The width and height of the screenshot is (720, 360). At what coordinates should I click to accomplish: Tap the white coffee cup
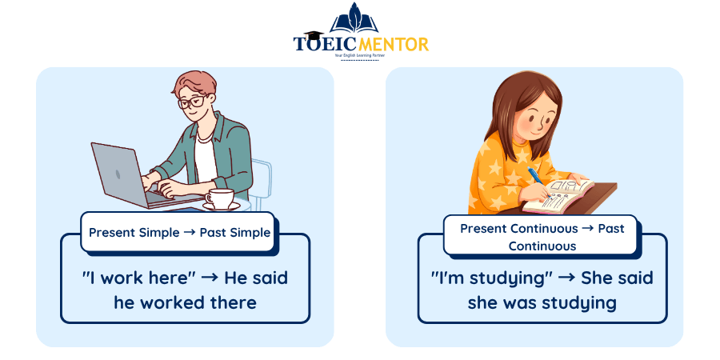click(x=219, y=198)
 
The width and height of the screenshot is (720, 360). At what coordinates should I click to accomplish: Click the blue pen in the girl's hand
click(x=535, y=177)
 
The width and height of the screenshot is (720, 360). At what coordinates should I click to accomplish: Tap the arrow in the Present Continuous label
click(x=586, y=229)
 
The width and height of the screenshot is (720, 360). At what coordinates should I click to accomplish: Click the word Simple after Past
click(x=250, y=233)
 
